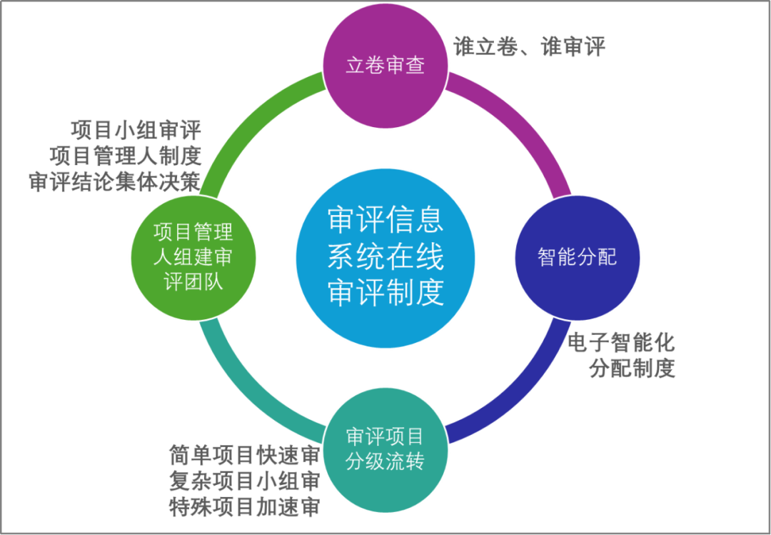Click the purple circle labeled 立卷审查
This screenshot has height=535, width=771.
(385, 66)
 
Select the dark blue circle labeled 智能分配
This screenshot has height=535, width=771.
(577, 258)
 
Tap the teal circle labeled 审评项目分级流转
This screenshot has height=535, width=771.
(385, 449)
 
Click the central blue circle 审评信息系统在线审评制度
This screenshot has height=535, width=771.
(385, 258)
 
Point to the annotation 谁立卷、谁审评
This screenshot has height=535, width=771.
(529, 47)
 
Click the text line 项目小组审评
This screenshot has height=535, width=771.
(136, 131)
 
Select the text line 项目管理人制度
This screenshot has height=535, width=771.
(126, 155)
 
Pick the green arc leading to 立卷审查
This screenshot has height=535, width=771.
(250, 121)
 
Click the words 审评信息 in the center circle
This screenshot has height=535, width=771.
(385, 221)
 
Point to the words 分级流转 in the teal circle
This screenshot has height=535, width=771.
(385, 461)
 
